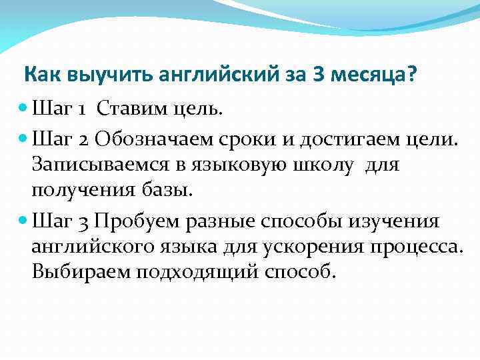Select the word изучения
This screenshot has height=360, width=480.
coord(400,221)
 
